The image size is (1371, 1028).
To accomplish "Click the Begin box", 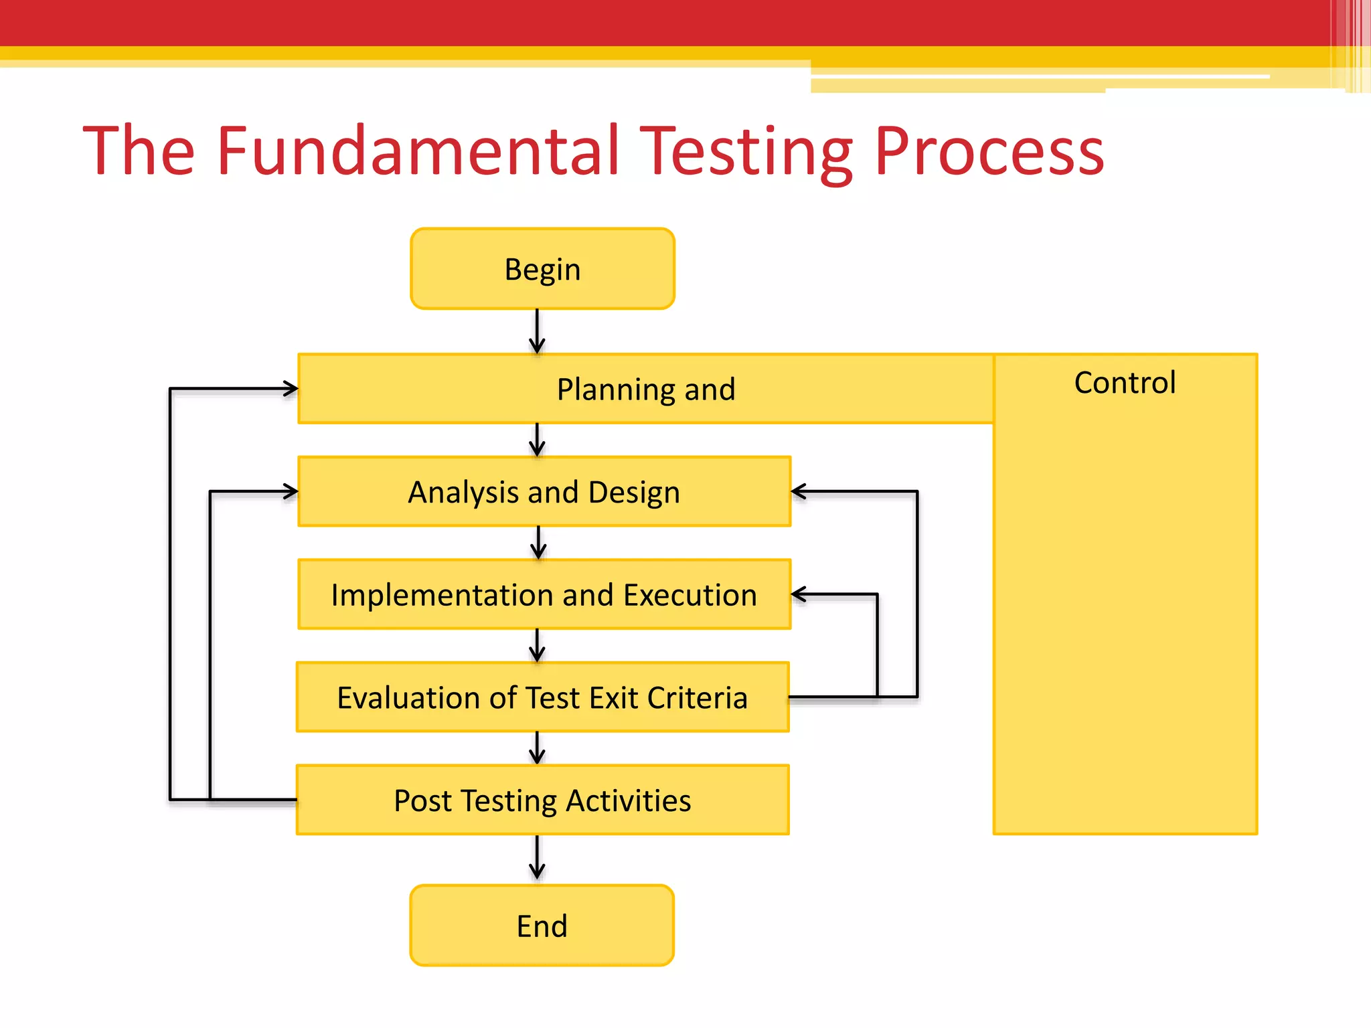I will (x=542, y=269).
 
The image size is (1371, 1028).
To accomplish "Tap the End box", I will (x=542, y=926).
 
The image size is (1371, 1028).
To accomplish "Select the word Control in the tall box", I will (x=1125, y=383).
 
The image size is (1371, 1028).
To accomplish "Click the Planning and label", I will (x=645, y=390).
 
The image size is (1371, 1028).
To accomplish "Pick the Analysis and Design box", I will (x=544, y=492).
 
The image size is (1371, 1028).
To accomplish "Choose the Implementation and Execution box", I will (x=544, y=595).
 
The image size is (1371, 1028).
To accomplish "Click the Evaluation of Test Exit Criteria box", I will (x=542, y=697).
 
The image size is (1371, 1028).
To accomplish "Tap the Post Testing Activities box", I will (x=542, y=800).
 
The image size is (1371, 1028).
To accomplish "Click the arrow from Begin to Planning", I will (x=537, y=332).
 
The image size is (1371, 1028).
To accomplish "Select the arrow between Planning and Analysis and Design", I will (x=537, y=440).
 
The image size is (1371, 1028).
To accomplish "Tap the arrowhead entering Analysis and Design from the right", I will (x=799, y=492).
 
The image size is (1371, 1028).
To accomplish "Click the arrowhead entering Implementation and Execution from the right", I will (x=799, y=594).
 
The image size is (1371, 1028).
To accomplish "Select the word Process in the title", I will (x=989, y=152).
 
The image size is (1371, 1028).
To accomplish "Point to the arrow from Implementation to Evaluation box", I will (x=537, y=646).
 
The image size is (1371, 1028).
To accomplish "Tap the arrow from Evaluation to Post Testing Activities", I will (x=537, y=748).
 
